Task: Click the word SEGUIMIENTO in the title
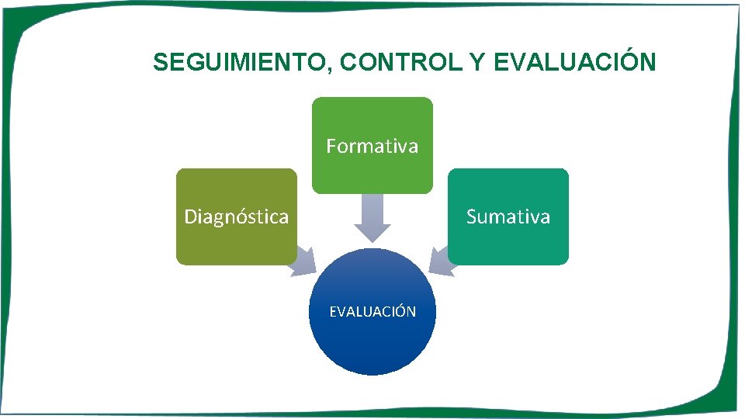[x=241, y=62]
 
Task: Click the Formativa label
[x=372, y=146]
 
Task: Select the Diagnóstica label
[x=236, y=216]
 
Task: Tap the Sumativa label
[x=508, y=216]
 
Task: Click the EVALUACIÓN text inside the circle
[x=372, y=312]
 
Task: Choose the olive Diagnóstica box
[x=236, y=244]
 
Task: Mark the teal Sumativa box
[x=508, y=244]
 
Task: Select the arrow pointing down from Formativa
[x=372, y=218]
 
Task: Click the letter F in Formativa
[x=331, y=146]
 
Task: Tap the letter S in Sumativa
[x=471, y=216]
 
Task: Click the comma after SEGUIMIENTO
[x=331, y=69]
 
